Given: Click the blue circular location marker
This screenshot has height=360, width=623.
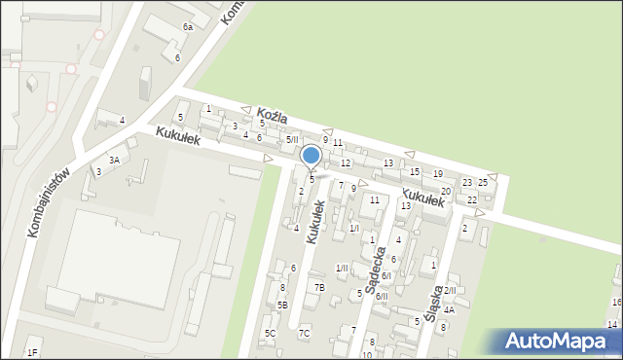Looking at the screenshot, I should tap(311, 156).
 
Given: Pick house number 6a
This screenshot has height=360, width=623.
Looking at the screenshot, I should tap(187, 27).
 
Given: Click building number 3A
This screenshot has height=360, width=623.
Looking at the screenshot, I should tap(114, 160).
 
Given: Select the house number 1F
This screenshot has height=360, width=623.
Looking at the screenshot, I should tap(32, 352).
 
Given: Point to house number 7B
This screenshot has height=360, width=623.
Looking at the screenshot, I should tap(319, 288).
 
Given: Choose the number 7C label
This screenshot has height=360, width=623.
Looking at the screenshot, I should tap(304, 334).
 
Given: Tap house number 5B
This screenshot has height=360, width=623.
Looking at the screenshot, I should tap(282, 306).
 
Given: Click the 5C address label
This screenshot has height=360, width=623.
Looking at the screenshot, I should tap(270, 334).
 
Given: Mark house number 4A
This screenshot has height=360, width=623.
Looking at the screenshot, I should tap(449, 309).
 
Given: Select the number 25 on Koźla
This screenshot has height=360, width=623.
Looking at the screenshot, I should tap(482, 183).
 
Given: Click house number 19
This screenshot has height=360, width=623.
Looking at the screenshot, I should tap(438, 173).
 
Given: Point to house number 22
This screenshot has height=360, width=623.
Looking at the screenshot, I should tap(472, 199).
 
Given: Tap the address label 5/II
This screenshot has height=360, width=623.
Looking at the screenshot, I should tap(292, 140).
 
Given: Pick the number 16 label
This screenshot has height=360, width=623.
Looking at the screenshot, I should tap(616, 303).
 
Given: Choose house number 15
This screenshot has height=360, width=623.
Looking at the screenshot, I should tap(415, 172).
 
